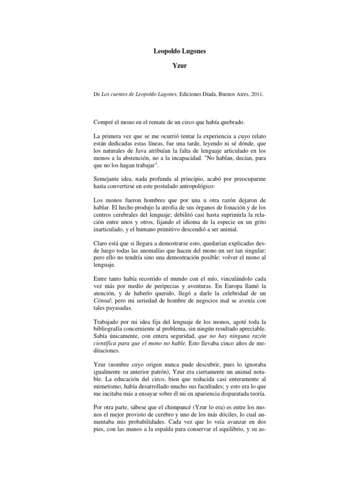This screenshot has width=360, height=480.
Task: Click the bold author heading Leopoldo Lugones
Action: [x=180, y=50]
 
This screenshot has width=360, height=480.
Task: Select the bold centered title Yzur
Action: [x=180, y=66]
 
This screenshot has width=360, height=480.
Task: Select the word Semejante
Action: [x=108, y=181]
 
